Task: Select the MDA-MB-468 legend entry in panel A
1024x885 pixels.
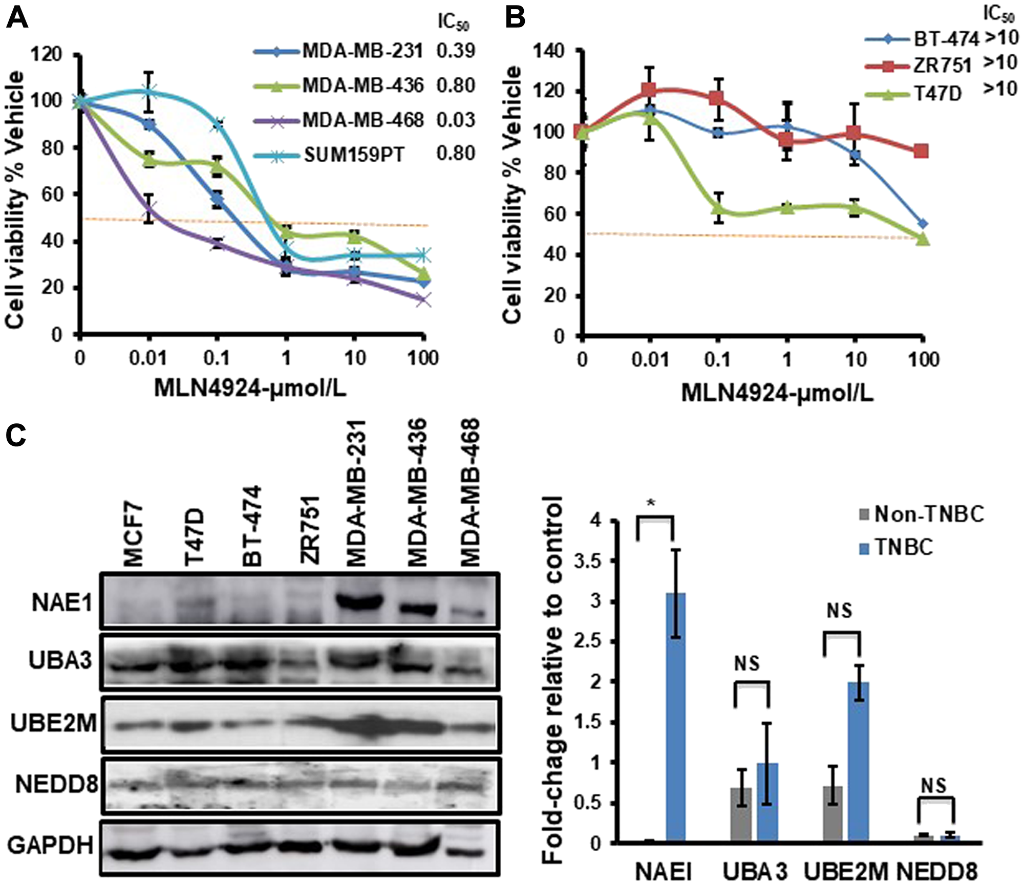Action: [362, 120]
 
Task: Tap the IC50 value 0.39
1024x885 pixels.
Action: [456, 51]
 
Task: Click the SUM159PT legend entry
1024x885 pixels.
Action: [353, 154]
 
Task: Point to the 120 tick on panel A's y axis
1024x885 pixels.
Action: [47, 54]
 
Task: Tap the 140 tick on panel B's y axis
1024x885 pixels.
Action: [549, 51]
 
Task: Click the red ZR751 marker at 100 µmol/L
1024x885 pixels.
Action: [921, 151]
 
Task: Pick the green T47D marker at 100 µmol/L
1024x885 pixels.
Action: [922, 239]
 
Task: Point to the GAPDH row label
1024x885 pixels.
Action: [51, 845]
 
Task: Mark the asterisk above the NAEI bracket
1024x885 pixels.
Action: [651, 503]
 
